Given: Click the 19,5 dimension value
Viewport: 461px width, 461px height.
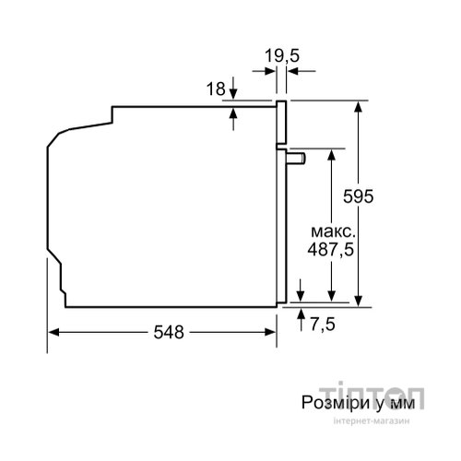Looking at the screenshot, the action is click(x=282, y=56).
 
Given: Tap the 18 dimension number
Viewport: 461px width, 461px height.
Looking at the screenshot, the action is click(x=216, y=89).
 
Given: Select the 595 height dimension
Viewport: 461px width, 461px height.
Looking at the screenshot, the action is click(x=358, y=196).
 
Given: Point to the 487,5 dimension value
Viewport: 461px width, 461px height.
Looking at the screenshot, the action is click(x=331, y=250).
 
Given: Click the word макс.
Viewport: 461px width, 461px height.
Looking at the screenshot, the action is click(x=333, y=231).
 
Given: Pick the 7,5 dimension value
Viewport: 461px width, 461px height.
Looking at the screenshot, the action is click(x=323, y=324).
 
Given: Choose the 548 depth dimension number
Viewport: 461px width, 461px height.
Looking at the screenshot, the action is click(x=169, y=332).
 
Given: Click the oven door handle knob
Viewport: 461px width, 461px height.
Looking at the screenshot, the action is click(x=296, y=159).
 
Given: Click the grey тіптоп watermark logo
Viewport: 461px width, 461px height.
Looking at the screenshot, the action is click(x=372, y=396).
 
